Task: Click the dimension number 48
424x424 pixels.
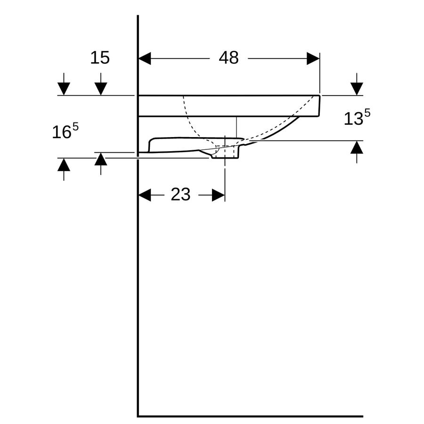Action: coord(228,57)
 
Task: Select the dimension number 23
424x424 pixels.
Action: coord(180,195)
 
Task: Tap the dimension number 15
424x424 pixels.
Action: coord(100,58)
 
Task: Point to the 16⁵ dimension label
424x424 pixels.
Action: coord(65,131)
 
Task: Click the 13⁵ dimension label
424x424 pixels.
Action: coord(357,117)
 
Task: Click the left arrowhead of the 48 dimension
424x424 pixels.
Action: coord(145,59)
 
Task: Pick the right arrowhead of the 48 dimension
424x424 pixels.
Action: coord(313,59)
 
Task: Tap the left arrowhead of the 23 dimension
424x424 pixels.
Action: coord(145,195)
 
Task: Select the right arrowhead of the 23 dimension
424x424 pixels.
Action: coord(219,195)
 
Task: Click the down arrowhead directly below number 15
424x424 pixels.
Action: coord(101,89)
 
